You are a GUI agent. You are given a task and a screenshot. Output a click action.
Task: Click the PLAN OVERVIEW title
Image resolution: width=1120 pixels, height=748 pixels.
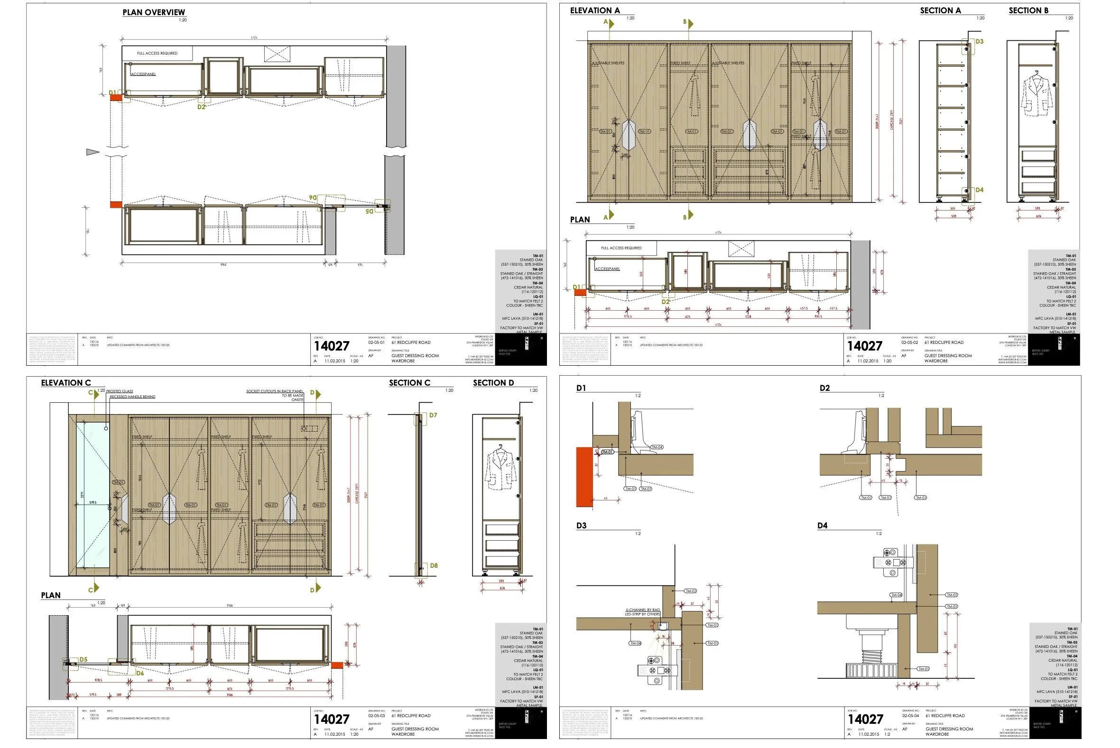(154, 12)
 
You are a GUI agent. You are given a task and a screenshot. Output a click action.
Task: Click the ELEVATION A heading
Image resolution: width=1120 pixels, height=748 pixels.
(595, 10)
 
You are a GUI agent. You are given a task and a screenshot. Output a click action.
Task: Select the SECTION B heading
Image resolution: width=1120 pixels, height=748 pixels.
(1028, 10)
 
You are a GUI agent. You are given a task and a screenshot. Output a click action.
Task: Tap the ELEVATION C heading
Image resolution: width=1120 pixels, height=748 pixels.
(66, 383)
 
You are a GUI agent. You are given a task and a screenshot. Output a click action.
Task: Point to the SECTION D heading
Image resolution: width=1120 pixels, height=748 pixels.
(493, 383)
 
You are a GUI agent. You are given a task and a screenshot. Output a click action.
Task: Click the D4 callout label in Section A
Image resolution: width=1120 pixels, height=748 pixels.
(979, 190)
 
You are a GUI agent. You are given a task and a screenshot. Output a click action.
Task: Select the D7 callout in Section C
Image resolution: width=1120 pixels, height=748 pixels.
(433, 416)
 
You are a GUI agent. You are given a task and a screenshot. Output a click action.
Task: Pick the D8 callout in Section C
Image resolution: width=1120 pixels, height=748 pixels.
(434, 566)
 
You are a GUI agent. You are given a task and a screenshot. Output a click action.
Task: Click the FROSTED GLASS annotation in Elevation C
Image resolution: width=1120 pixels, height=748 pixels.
(119, 391)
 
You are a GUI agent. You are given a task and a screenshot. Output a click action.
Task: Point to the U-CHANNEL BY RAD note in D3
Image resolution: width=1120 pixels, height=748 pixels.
(642, 610)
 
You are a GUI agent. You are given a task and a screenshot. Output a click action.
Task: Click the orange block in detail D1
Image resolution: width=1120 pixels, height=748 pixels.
(584, 477)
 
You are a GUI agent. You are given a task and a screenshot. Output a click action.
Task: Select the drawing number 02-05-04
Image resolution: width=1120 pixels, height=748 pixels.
(910, 716)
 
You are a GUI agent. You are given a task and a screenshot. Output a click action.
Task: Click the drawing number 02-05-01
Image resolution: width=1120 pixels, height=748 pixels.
(376, 342)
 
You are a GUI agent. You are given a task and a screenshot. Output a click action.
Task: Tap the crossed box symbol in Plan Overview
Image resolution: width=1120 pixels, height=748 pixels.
(277, 54)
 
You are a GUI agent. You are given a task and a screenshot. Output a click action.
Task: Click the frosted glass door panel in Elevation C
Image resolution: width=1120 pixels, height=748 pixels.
(93, 494)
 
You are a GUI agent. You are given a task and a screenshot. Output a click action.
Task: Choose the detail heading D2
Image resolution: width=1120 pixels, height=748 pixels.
(825, 388)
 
